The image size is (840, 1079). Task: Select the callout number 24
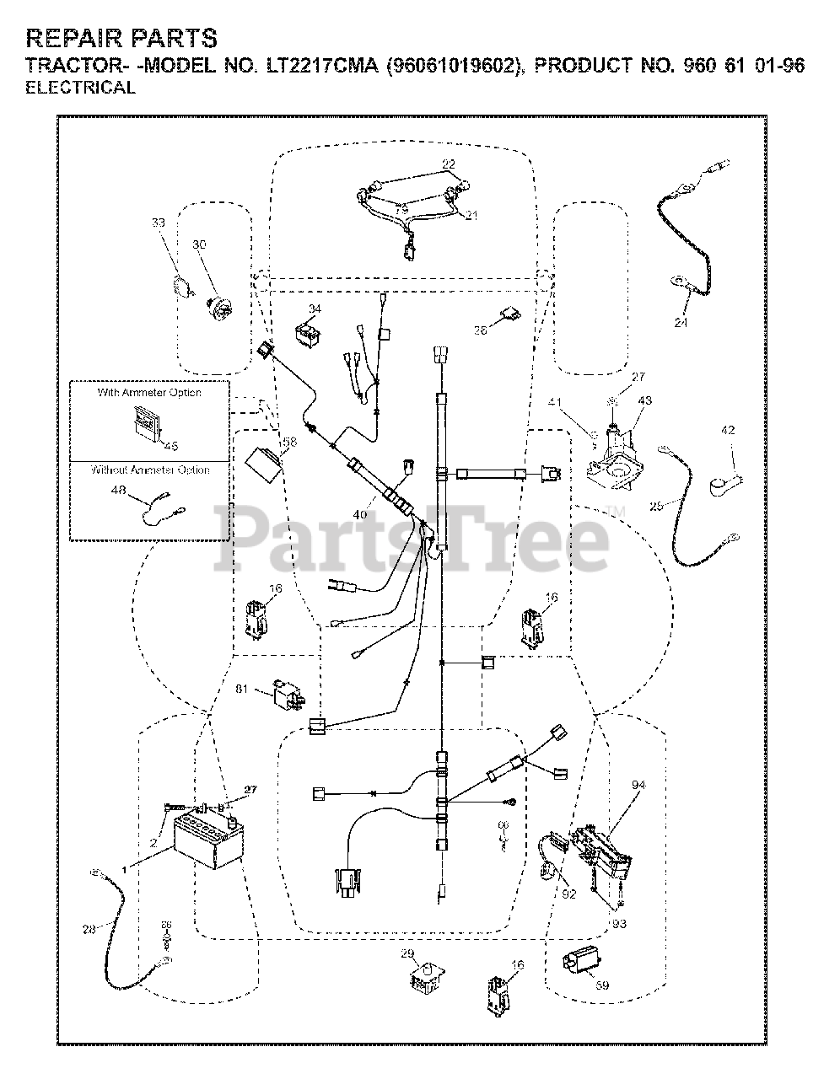681,322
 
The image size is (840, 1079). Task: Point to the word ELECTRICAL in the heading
81,88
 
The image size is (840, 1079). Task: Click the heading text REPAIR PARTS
121,38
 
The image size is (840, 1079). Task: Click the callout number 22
449,164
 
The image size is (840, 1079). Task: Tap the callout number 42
729,431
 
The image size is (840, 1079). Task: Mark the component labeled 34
310,334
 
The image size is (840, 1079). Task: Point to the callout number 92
568,894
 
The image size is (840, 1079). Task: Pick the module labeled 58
261,465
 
